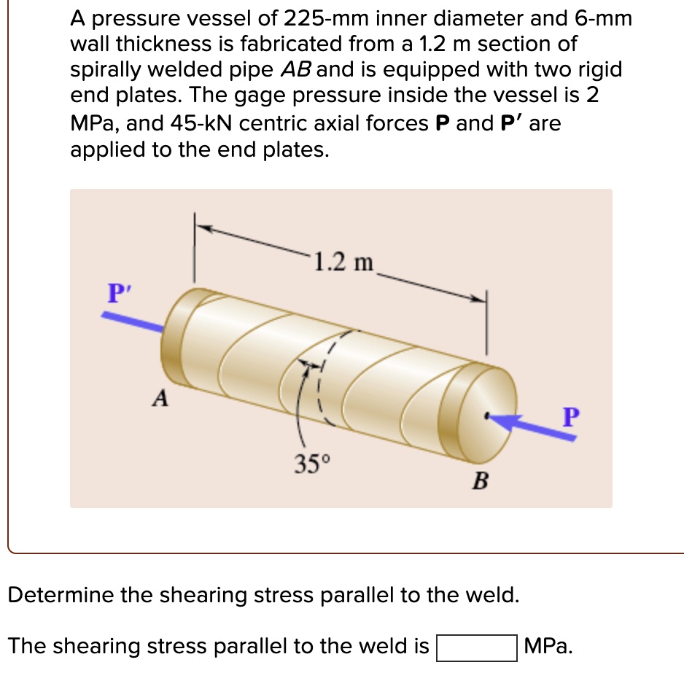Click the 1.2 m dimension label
pyautogui.click(x=343, y=261)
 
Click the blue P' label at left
pyautogui.click(x=116, y=294)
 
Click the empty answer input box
pyautogui.click(x=477, y=647)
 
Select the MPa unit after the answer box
pyautogui.click(x=548, y=646)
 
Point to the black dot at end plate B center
pyautogui.click(x=487, y=417)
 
